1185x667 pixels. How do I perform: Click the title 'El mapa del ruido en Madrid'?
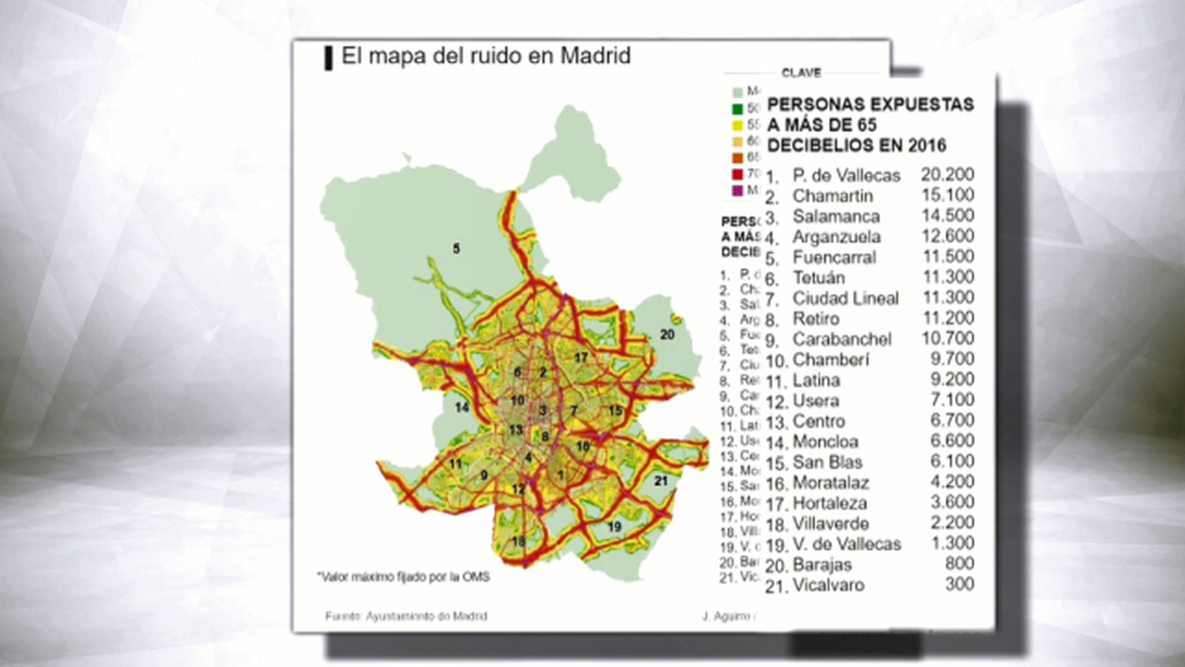click(485, 57)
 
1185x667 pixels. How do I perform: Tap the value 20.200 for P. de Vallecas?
click(947, 175)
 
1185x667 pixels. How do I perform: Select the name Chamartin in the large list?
click(832, 196)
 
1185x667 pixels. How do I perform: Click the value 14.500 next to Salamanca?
click(947, 216)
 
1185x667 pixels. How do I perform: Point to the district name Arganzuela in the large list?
click(837, 237)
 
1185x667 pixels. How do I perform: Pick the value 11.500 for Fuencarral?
click(947, 257)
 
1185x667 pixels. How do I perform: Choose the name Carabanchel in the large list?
click(842, 339)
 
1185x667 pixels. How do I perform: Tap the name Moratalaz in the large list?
click(830, 483)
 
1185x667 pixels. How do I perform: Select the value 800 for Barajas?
click(960, 564)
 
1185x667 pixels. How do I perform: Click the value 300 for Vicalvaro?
click(960, 584)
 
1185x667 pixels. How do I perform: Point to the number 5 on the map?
click(456, 248)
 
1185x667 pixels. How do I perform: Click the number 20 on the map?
click(668, 335)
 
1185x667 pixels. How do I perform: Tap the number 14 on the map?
click(462, 407)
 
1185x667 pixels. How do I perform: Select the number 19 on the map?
click(615, 527)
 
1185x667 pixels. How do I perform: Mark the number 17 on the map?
click(581, 357)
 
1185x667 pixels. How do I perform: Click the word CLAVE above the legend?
click(801, 73)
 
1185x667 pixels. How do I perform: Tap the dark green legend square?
click(737, 109)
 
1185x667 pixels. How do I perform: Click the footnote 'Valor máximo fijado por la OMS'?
click(403, 577)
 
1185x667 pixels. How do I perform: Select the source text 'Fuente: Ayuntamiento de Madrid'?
click(406, 617)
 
